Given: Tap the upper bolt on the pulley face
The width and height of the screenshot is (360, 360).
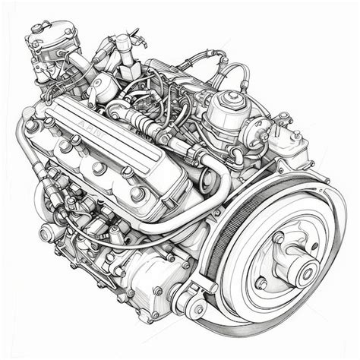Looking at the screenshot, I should pos(278,238).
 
